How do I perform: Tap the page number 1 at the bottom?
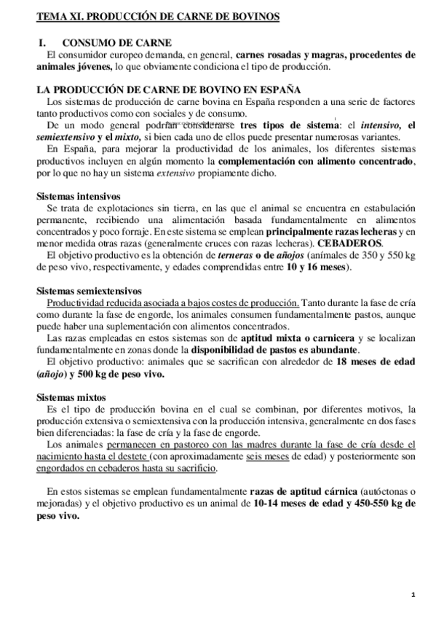pos(413,595)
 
